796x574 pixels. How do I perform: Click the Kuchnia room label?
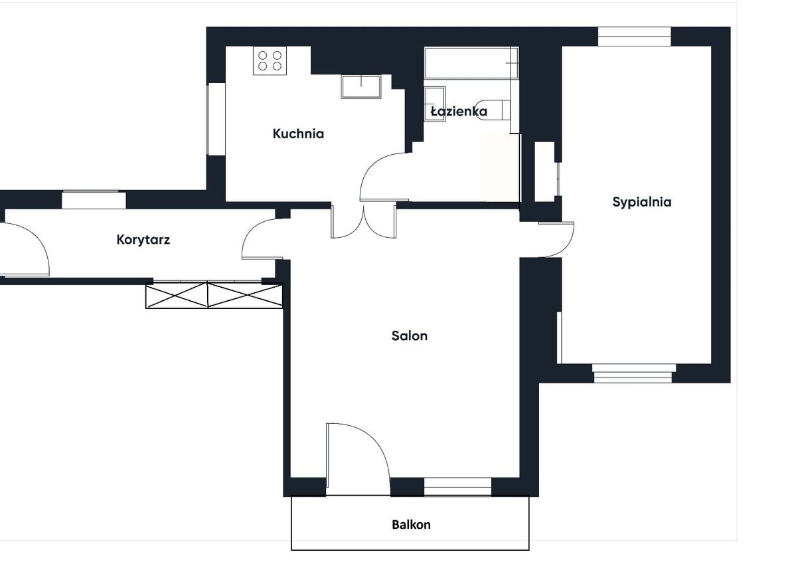click(298, 134)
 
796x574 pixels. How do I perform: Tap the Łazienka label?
click(459, 111)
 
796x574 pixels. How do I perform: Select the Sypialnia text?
click(642, 202)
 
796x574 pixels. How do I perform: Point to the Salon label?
click(409, 335)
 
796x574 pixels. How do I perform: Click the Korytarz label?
click(143, 240)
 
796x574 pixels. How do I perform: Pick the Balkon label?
click(411, 525)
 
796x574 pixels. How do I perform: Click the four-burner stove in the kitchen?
click(270, 60)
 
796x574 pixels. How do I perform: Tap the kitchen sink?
click(361, 86)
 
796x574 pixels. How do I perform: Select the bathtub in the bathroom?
click(471, 63)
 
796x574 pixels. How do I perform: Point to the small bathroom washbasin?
click(435, 104)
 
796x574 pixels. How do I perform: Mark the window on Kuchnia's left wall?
click(216, 119)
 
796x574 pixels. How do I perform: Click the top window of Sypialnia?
click(635, 37)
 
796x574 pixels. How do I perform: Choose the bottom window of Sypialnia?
click(633, 373)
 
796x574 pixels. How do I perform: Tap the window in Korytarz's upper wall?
click(94, 199)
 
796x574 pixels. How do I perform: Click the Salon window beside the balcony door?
click(457, 486)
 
